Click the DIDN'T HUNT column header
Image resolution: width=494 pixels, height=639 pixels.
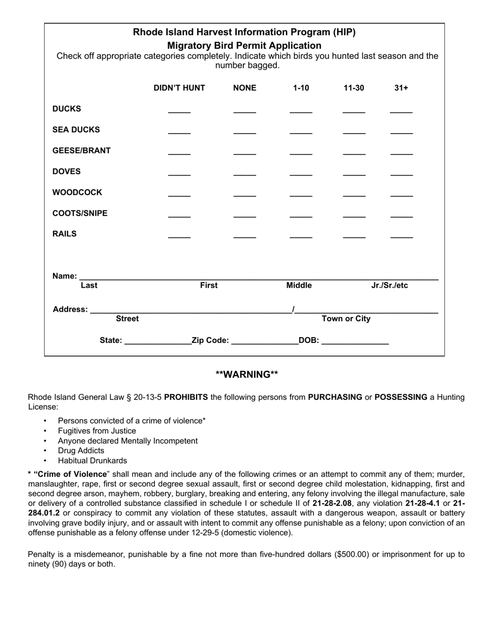[x=179, y=88]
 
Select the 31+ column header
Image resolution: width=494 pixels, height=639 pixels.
[x=401, y=88]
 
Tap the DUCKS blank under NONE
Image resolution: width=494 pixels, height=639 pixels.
[x=244, y=111]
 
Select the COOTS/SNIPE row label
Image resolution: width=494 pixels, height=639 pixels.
[x=80, y=213]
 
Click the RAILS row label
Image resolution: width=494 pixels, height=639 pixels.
[x=64, y=234]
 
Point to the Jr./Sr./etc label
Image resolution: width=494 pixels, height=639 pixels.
[x=389, y=285]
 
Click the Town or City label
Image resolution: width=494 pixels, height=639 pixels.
[x=346, y=318]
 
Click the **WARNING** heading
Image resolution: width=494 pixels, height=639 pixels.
[x=247, y=375]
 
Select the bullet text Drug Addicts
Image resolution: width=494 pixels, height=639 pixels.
[x=81, y=450]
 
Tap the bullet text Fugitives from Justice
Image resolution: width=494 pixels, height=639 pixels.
[x=97, y=431]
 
